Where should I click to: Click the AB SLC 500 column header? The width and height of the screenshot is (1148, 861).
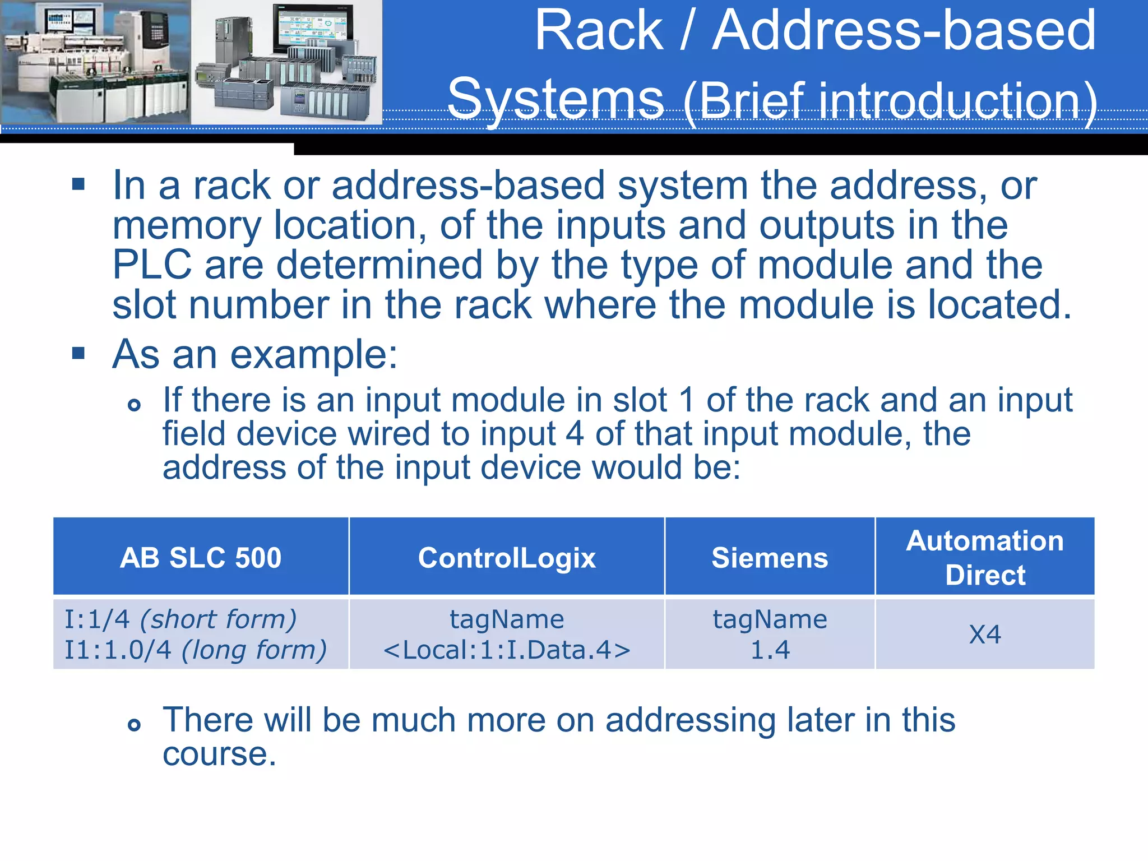click(x=201, y=558)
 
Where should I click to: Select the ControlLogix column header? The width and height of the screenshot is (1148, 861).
click(x=507, y=558)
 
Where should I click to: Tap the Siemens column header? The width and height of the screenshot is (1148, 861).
click(x=770, y=558)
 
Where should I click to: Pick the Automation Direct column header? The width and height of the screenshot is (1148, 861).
click(x=985, y=558)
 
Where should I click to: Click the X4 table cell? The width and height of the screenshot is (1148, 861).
click(x=985, y=635)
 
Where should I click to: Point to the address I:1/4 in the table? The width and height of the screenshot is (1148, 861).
click(x=97, y=619)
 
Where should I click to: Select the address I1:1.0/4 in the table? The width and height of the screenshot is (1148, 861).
click(x=118, y=650)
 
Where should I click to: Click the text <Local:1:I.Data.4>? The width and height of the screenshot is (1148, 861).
click(x=507, y=650)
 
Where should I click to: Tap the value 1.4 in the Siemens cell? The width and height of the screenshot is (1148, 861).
click(x=770, y=650)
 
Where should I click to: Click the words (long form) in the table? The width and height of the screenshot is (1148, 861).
click(x=254, y=650)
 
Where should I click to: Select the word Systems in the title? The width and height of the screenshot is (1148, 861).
click(x=556, y=99)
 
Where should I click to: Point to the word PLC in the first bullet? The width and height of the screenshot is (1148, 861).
click(x=152, y=265)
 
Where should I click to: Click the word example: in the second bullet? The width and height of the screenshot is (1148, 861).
click(x=314, y=355)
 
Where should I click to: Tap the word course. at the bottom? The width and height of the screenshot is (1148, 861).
click(x=219, y=754)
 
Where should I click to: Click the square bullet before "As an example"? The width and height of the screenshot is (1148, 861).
click(x=78, y=353)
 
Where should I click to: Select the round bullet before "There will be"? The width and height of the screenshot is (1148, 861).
click(x=134, y=725)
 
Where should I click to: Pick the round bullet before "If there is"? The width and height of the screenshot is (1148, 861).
click(x=134, y=405)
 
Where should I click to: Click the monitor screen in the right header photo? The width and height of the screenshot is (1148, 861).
click(x=312, y=28)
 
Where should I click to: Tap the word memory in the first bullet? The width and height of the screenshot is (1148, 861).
click(x=187, y=225)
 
